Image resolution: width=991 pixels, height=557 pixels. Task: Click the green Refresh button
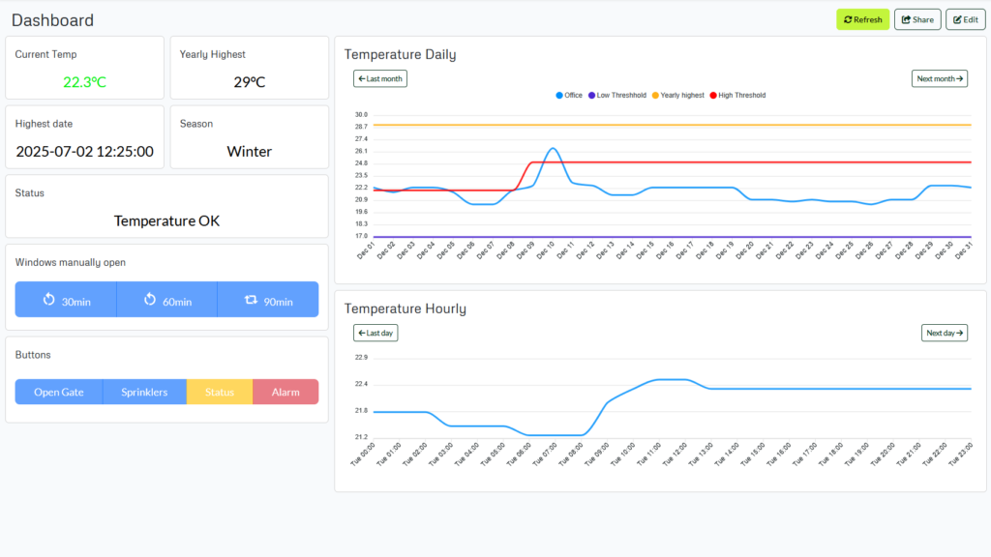(x=862, y=19)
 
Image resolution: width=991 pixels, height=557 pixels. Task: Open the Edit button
(x=965, y=19)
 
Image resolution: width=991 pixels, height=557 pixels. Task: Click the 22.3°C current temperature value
(x=85, y=82)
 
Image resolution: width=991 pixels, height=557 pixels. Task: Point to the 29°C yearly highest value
(x=250, y=82)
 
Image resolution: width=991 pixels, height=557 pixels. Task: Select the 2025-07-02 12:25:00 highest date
(x=85, y=152)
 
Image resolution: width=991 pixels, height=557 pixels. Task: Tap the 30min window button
(x=66, y=300)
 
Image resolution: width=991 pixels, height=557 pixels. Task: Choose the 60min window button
(x=166, y=300)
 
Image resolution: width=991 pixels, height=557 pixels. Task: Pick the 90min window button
(x=268, y=300)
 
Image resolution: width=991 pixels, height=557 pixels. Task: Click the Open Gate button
(x=59, y=392)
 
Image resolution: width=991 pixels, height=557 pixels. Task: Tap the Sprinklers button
(x=144, y=392)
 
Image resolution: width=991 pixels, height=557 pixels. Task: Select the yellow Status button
(x=220, y=392)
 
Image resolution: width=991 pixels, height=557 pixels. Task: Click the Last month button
(x=380, y=78)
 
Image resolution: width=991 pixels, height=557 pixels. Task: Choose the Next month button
(x=939, y=78)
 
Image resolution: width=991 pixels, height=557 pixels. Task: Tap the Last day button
(x=375, y=333)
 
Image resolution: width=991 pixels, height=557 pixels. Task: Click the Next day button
(x=944, y=333)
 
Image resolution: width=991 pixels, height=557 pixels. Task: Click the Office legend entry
(x=569, y=96)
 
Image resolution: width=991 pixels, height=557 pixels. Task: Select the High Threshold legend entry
(x=737, y=96)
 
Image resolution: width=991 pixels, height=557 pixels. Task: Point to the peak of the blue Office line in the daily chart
(x=552, y=148)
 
